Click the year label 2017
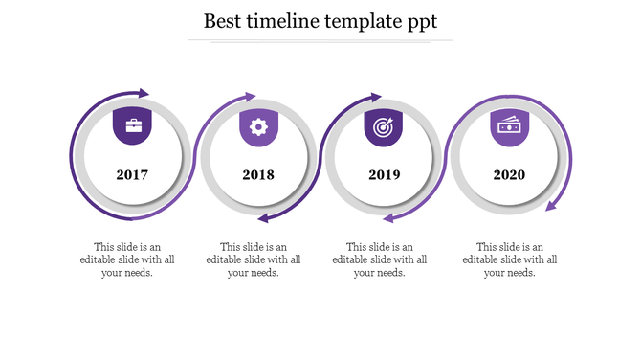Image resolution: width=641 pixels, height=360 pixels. click(132, 175)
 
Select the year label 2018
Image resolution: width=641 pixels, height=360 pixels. click(258, 175)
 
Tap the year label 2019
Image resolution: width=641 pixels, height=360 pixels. click(384, 175)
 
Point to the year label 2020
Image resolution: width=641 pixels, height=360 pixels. click(509, 175)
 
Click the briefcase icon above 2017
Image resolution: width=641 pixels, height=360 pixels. click(132, 125)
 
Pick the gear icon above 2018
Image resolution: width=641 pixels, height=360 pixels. click(258, 126)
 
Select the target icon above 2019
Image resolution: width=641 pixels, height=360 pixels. click(384, 126)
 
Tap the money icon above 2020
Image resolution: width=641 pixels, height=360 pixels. click(510, 126)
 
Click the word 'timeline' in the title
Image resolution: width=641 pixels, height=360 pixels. click(288, 21)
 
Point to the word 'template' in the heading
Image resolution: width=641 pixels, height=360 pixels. click(367, 22)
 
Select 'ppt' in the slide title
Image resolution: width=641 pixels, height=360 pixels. click(421, 23)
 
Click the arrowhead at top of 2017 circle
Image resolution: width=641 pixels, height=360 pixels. click(143, 94)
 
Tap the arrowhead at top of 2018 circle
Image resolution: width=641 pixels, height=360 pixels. click(251, 96)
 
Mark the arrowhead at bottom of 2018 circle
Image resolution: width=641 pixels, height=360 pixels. click(263, 218)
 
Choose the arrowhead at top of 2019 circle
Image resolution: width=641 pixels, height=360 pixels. click(376, 96)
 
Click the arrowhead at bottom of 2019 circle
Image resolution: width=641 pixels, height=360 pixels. click(388, 218)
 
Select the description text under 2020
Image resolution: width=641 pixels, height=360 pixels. click(509, 259)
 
